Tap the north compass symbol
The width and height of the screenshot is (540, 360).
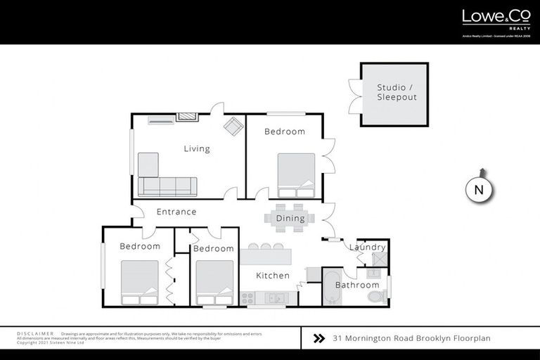tap(480, 189)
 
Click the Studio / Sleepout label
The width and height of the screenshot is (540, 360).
tap(397, 92)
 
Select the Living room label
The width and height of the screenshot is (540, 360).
tap(197, 148)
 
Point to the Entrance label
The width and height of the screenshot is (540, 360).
tap(176, 212)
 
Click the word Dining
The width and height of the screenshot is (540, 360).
tap(290, 218)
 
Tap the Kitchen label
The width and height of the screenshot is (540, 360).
tap(273, 276)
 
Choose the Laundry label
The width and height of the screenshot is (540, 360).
tap(368, 247)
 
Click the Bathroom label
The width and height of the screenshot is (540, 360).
tap(357, 285)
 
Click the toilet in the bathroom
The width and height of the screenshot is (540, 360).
tap(377, 297)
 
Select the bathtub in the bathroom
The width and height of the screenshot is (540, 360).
tap(331, 289)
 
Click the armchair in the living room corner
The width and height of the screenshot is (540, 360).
tap(233, 127)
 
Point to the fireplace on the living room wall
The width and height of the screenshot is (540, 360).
tap(187, 117)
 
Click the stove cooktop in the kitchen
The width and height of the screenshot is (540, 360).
tap(247, 298)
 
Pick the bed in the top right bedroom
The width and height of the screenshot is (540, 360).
tap(296, 175)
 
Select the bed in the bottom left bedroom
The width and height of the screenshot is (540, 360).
tap(139, 282)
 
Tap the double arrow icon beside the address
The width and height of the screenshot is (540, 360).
tap(319, 338)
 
